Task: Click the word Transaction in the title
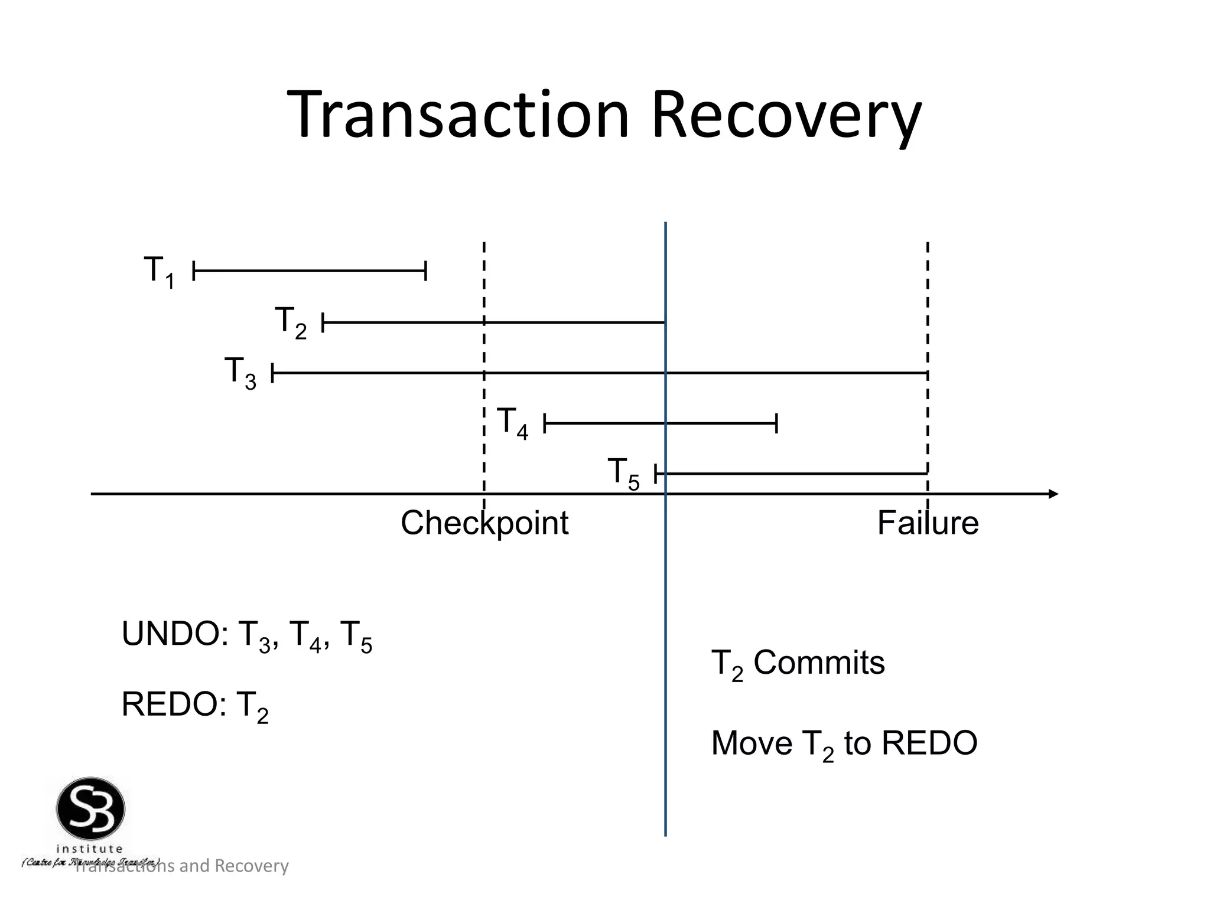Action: [458, 115]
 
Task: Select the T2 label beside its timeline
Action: [291, 322]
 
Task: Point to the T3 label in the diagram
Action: [240, 373]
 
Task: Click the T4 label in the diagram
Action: [512, 423]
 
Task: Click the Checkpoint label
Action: [484, 523]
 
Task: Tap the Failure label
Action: [928, 523]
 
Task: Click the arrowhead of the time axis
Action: [1053, 494]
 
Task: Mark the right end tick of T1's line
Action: [425, 272]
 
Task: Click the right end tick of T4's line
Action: [776, 423]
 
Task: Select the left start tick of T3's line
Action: [272, 373]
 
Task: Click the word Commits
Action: [819, 663]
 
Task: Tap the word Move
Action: [752, 743]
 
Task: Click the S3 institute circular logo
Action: [90, 809]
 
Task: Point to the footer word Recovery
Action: [251, 866]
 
